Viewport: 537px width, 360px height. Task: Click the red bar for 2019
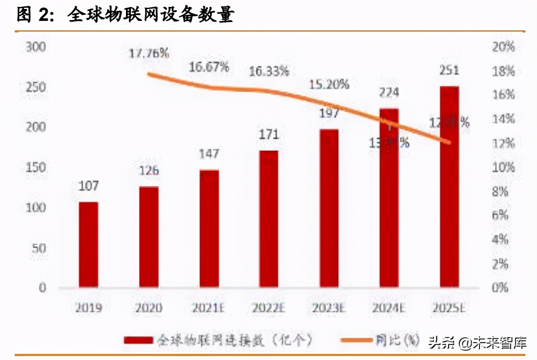pos(88,245)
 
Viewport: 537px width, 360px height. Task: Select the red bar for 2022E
pos(268,219)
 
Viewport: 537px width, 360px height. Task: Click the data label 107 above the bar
pos(88,186)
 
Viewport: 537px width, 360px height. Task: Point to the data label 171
pos(268,134)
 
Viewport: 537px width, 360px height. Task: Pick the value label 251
pos(449,70)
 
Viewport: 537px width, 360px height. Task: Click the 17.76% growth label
pos(149,53)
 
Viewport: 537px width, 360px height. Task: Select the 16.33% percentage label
pos(268,71)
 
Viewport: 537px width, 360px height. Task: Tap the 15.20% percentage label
pos(329,84)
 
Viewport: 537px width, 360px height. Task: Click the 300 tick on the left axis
pos(36,47)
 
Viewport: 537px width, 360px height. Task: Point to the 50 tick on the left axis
pos(38,248)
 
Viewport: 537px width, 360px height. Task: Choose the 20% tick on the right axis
pos(503,47)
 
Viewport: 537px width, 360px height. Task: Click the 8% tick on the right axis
pos(500,192)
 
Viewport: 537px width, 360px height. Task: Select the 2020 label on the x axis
pos(148,308)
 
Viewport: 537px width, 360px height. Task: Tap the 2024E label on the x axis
pos(389,308)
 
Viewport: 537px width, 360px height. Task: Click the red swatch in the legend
pos(138,340)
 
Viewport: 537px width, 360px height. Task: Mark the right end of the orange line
pos(449,143)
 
